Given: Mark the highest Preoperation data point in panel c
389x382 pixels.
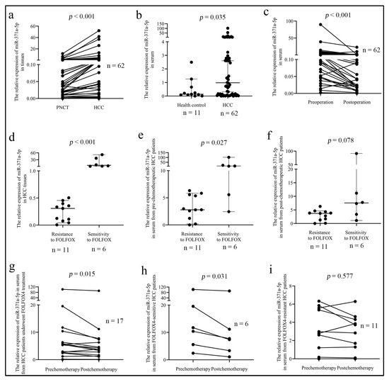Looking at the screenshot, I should tap(301, 25).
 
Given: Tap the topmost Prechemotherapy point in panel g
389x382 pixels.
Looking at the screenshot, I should tap(63, 289).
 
